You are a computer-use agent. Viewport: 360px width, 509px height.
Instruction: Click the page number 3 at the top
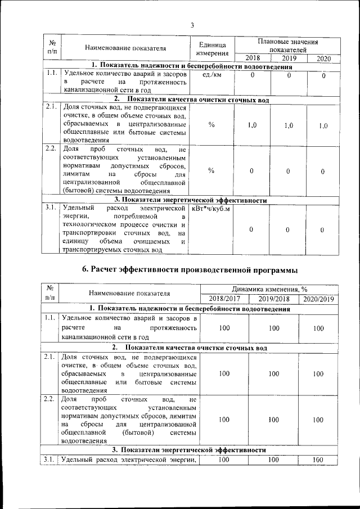pos(192,25)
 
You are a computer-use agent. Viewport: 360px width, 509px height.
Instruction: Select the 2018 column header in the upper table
pos(253,58)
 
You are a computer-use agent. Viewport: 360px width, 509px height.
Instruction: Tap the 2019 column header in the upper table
pos(289,58)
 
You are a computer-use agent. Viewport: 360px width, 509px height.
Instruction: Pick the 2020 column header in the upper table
pos(323,58)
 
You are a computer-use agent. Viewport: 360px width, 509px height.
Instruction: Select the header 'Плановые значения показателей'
pos(288,46)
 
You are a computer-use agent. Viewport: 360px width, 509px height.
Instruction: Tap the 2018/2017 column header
pos(224,298)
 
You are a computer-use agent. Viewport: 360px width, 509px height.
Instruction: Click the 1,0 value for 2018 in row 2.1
pos(253,125)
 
